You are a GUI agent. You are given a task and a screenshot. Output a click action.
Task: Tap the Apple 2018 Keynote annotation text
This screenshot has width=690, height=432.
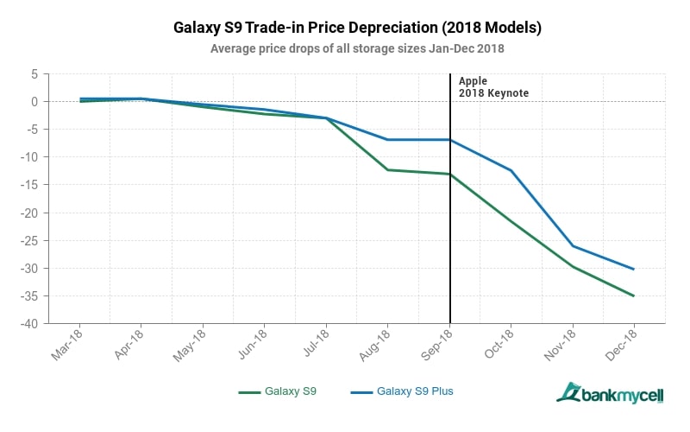493,86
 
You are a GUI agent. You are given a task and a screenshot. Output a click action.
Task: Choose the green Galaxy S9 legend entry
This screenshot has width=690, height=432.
278,391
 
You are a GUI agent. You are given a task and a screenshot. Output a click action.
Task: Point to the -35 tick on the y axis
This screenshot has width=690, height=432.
31,296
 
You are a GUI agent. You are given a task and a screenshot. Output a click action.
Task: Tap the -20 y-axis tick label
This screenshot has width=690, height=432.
31,213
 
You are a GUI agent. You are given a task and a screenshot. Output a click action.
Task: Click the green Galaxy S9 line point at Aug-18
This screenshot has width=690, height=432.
387,169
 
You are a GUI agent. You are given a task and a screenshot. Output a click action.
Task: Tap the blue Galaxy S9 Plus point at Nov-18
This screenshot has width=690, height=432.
573,246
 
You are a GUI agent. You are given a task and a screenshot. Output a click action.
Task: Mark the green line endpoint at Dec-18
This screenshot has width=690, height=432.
634,295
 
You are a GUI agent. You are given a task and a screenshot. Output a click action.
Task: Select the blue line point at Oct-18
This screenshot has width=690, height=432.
511,170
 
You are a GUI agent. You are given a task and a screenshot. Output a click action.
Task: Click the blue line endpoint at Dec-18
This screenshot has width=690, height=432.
634,269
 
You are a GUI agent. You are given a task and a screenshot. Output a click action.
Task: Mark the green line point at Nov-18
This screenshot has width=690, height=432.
573,267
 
